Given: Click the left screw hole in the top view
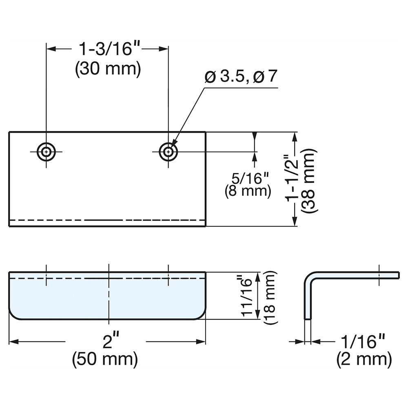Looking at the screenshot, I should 47,152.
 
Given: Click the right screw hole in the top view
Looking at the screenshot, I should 168,152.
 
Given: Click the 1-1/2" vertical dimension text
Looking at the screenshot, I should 294,179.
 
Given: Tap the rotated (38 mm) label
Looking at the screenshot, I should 308,180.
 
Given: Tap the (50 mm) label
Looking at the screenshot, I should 105,359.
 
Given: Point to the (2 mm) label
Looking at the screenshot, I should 364,359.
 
